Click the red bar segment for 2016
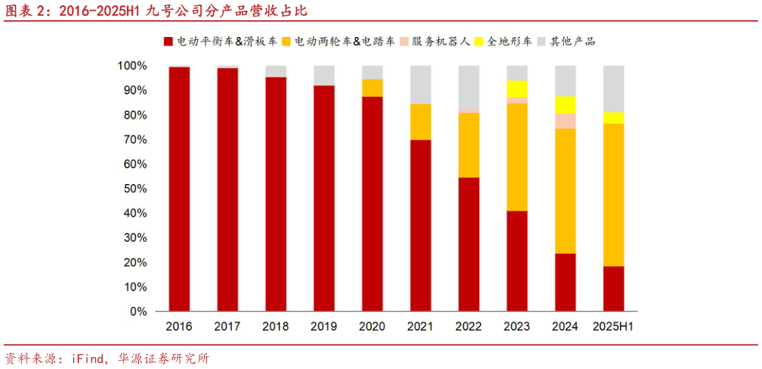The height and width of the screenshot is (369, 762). coord(180,189)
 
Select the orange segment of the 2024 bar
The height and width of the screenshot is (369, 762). coord(565,191)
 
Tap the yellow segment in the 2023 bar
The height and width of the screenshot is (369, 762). coord(517,89)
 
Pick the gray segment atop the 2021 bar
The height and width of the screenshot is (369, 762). coord(421,84)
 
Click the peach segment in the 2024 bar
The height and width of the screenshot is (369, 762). coord(565,121)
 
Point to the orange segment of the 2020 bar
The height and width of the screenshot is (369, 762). coord(373,87)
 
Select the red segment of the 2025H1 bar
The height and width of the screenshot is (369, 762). coord(613,288)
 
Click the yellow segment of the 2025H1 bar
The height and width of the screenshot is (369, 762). coord(613,118)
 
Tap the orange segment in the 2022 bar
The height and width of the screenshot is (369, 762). coord(469,145)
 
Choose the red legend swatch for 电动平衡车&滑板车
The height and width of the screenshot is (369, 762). coord(169,41)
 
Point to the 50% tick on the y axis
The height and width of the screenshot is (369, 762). coord(132,189)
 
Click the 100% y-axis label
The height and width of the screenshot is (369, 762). coord(131,66)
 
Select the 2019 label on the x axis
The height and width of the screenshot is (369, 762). coord(324,326)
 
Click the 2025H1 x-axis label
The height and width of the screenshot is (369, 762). coord(613,326)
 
